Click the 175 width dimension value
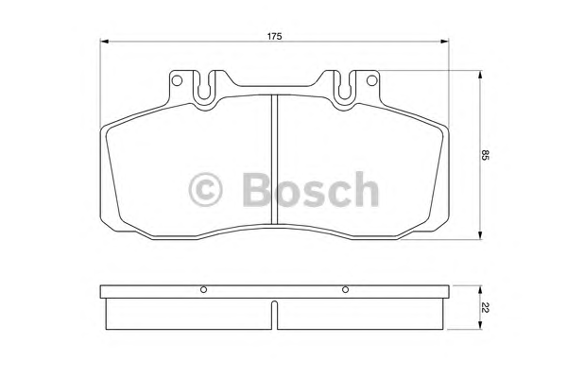click(274, 36)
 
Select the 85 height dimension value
click(485, 155)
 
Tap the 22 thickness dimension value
click(485, 308)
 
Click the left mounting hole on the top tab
click(177, 80)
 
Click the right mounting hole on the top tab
click(371, 80)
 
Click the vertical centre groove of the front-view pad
click(274, 159)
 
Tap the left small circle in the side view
click(203, 289)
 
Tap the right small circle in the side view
click(345, 289)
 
